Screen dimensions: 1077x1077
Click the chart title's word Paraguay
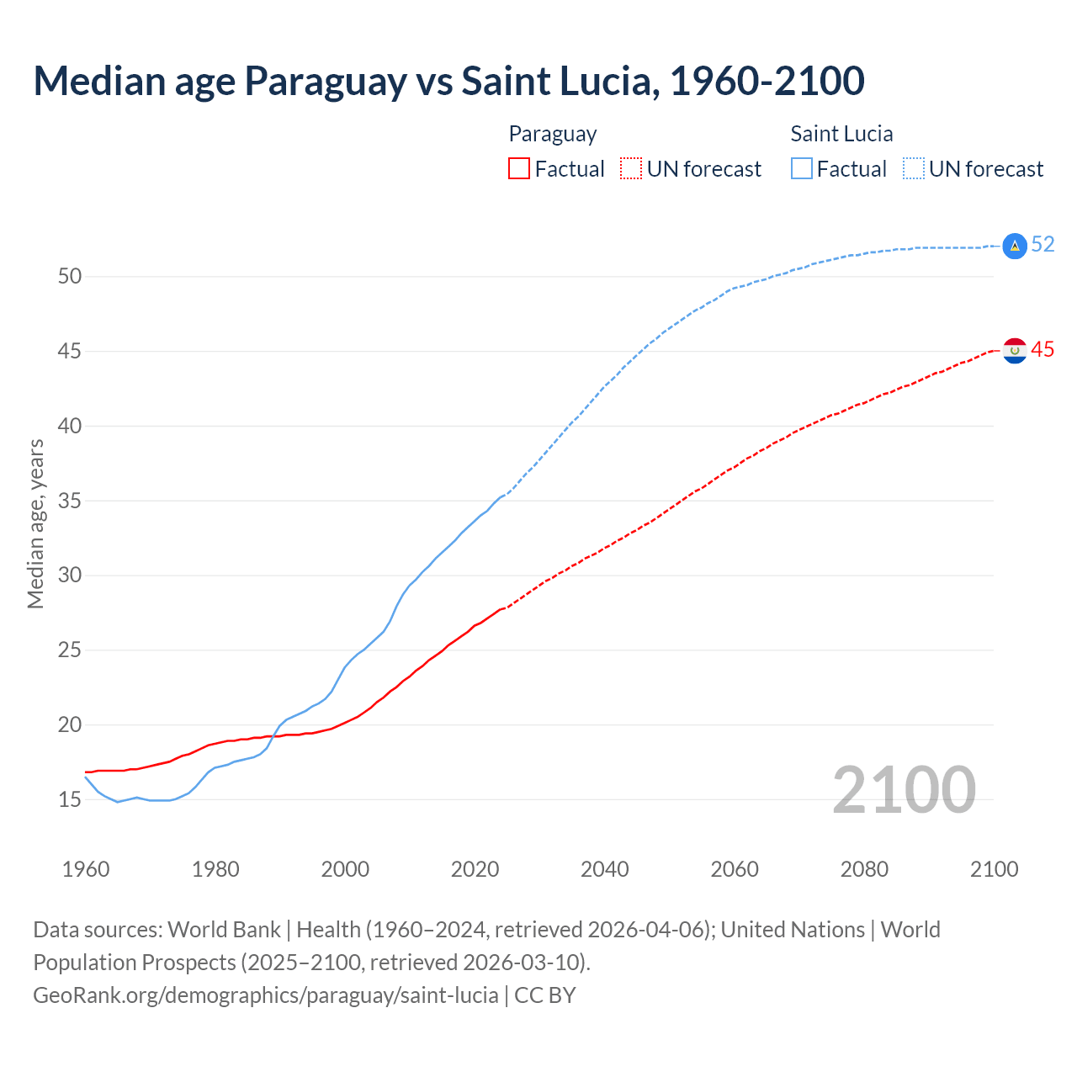[326, 82]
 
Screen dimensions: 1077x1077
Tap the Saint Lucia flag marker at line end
[1015, 246]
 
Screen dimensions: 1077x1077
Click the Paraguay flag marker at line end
[1015, 350]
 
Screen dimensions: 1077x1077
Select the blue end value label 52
[1043, 244]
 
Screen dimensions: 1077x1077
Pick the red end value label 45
[1043, 349]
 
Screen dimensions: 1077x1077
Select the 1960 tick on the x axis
[86, 869]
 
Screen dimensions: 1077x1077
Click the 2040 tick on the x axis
[604, 869]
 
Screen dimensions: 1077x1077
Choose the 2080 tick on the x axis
[864, 869]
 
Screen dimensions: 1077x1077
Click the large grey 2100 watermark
[904, 790]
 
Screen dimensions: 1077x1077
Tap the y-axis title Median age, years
[35, 523]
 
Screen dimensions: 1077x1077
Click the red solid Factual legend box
[519, 168]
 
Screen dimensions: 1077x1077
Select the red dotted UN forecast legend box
[631, 168]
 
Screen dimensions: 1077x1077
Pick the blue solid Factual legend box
[802, 168]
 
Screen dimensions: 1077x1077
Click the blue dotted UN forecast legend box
[914, 168]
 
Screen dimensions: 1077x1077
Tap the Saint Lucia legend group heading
[841, 134]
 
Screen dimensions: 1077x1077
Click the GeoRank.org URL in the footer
[265, 995]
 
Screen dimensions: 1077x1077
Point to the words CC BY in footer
[545, 995]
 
